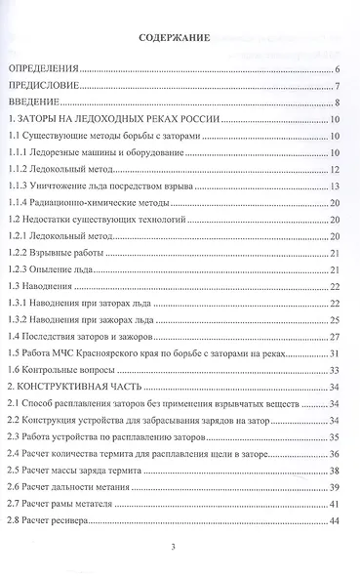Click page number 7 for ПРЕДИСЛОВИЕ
tap(335, 86)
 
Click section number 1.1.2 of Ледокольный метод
tap(19, 169)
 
